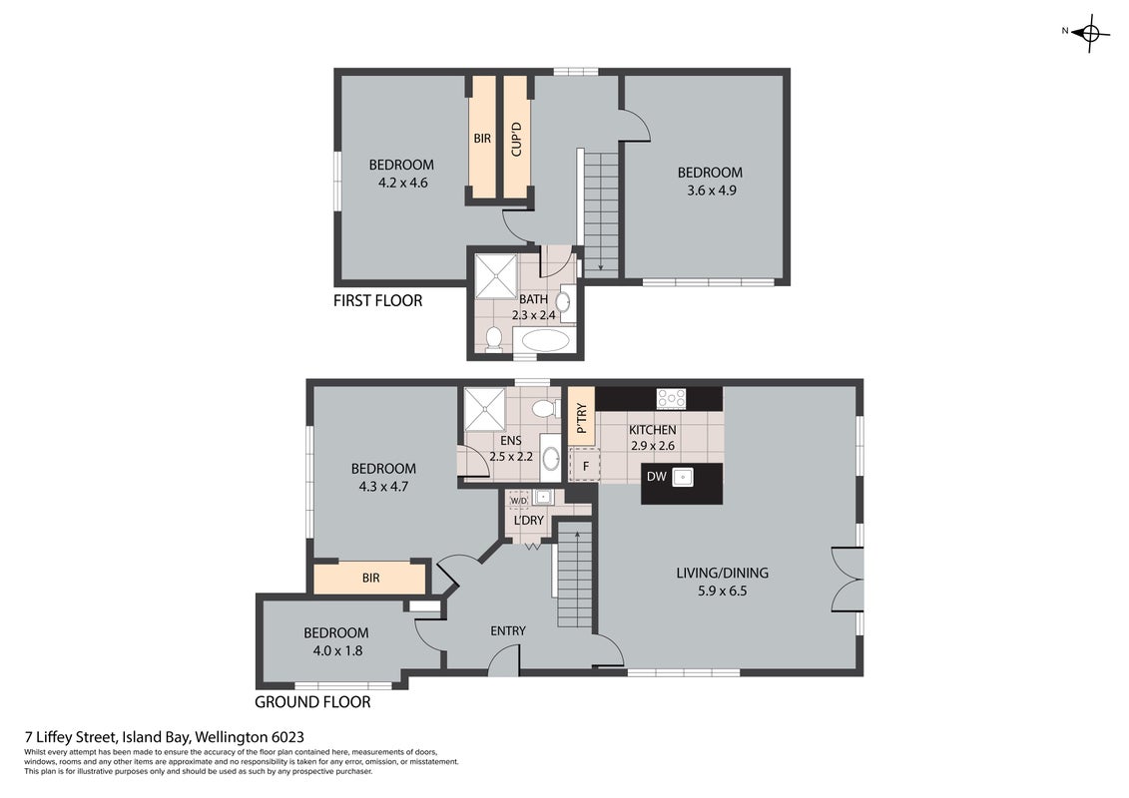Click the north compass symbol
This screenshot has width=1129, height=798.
tap(1089, 32)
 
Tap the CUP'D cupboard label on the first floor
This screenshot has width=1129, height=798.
tap(516, 140)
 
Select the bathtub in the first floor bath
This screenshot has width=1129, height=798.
tap(545, 340)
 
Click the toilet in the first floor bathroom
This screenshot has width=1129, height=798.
tap(493, 338)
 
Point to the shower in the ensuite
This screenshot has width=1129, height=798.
tap(485, 409)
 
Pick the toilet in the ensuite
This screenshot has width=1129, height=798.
tap(546, 409)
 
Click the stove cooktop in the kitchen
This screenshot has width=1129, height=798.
tap(671, 398)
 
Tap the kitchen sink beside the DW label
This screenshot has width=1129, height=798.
tap(683, 477)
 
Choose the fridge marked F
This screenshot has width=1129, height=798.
tap(585, 466)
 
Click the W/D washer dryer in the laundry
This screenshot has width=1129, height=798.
tap(518, 500)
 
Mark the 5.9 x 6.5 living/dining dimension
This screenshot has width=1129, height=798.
tap(722, 592)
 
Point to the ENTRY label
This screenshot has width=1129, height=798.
tap(508, 631)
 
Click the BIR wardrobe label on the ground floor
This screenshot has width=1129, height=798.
tap(370, 578)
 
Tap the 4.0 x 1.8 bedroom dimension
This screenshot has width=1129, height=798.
tap(337, 651)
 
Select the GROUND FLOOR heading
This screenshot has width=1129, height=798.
tap(312, 702)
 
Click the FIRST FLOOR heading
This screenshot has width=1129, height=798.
tap(378, 301)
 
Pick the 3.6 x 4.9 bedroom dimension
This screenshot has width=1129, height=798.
tap(712, 191)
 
